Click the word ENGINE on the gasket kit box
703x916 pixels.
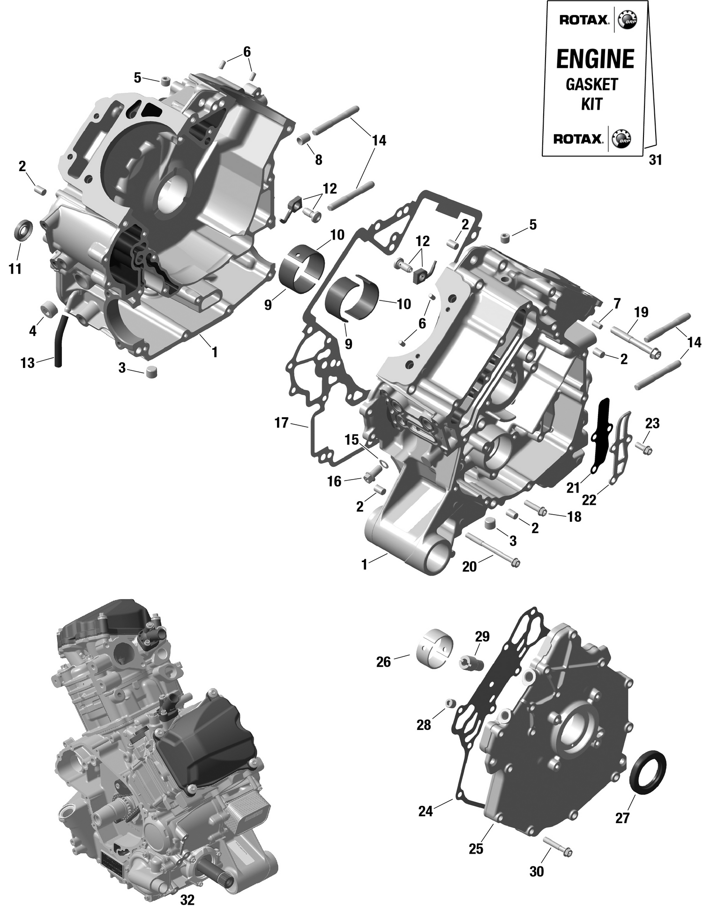click(595, 59)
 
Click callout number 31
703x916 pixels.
click(655, 160)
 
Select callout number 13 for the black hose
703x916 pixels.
click(27, 362)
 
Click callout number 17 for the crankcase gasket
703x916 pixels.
click(281, 423)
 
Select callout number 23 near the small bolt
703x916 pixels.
click(652, 423)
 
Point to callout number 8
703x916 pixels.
click(318, 160)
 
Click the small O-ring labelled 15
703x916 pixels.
click(383, 464)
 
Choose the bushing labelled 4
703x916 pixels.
click(50, 309)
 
